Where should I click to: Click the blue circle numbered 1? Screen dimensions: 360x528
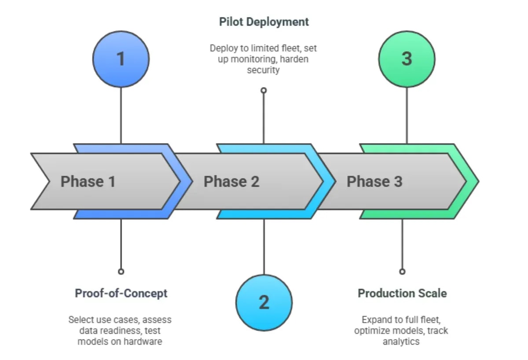click(121, 59)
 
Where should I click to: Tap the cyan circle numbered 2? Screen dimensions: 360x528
click(264, 302)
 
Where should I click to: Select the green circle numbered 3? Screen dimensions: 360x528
click(407, 59)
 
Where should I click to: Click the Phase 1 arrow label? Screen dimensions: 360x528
click(88, 181)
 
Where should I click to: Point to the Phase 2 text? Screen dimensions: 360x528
click(231, 181)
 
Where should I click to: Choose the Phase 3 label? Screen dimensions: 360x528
click(374, 181)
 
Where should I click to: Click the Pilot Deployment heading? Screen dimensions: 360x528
click(264, 22)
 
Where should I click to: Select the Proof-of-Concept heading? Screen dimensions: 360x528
click(121, 293)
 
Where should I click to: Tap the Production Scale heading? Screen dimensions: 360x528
click(402, 293)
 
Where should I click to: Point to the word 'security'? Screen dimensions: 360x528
click(263, 70)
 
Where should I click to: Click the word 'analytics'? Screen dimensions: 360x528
click(401, 341)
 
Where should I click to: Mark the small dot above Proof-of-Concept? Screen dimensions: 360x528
click(121, 272)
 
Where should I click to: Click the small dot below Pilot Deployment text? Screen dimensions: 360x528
click(264, 90)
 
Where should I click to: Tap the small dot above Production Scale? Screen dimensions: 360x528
click(402, 272)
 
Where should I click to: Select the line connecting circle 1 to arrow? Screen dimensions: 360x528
click(121, 114)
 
